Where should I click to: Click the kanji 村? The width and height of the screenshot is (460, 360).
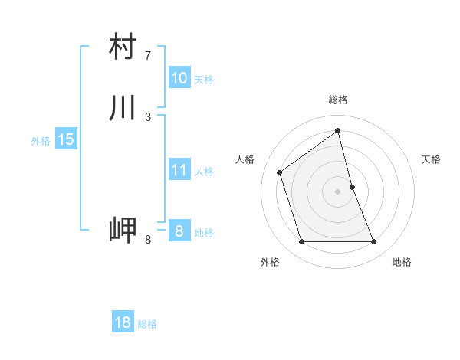123,47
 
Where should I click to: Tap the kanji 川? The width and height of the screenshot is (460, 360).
123,108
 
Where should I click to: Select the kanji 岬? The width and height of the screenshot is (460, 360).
123,231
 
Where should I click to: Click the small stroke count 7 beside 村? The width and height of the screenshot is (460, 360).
148,56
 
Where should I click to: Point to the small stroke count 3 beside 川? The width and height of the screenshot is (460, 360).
148,117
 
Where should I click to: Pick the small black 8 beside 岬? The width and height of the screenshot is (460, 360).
148,240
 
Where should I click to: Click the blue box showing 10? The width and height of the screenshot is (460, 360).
179,78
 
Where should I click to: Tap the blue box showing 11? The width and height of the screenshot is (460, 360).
179,170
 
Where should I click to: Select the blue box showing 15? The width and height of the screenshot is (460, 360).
65,139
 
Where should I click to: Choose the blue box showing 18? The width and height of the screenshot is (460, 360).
123,322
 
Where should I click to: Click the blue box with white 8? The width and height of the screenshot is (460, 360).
179,231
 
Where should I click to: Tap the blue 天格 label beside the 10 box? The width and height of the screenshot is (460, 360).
204,80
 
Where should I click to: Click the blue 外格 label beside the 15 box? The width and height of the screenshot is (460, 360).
41,141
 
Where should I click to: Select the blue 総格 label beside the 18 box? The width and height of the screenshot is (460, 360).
147,324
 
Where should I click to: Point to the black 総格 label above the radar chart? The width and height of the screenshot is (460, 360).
338,100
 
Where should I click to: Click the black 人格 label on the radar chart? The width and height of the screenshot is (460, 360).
245,159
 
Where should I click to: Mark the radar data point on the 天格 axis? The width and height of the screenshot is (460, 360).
353,187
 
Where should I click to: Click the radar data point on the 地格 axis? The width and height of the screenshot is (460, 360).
374,242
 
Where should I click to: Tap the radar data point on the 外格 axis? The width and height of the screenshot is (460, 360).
301,242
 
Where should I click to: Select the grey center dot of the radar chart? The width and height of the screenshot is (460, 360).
338,191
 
